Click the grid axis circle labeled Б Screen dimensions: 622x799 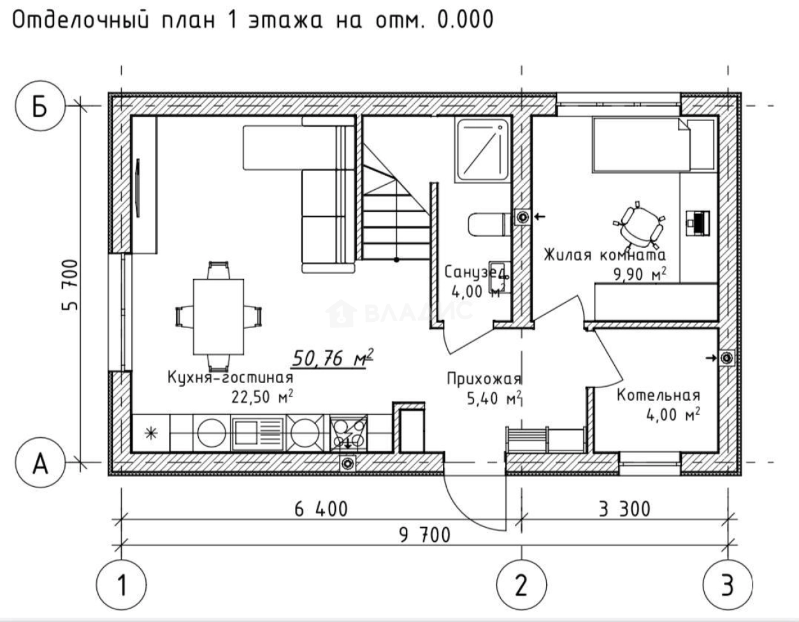pos(40,107)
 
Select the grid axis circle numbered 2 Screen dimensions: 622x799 pos(521,584)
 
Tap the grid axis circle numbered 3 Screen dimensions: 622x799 pos(727,584)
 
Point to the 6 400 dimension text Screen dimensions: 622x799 pos(321,509)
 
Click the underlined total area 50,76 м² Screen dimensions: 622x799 pos(332,358)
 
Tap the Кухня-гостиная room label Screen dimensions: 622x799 pos(231,377)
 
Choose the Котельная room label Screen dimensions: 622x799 pos(658,396)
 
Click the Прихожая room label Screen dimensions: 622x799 pos(484,379)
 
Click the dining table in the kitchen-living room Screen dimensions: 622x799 pos(219,317)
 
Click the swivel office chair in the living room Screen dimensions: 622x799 pos(638,224)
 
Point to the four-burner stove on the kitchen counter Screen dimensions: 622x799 pos(349,433)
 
